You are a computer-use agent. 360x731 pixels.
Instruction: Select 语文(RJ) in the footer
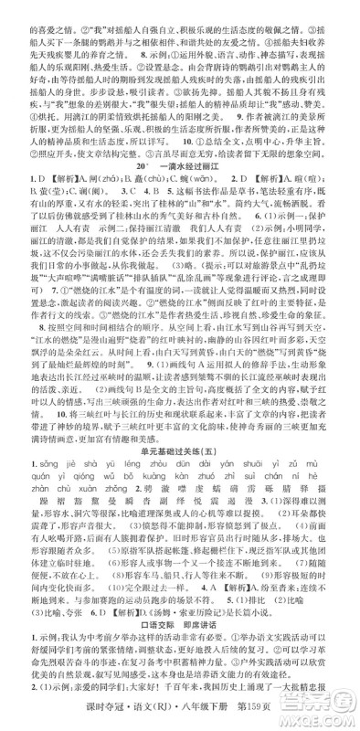[x=193, y=718]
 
